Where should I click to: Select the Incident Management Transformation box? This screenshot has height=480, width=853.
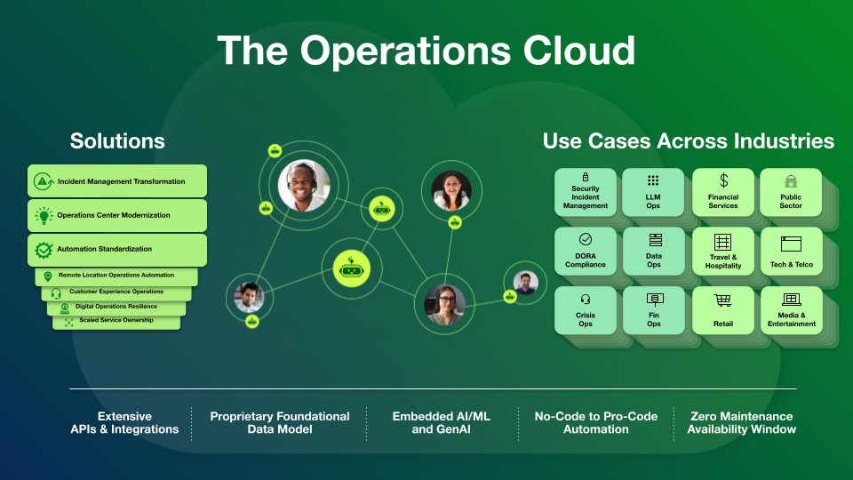point(117,181)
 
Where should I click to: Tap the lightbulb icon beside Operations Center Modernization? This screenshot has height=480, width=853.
point(44,215)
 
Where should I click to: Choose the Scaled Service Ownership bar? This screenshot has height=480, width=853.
point(116,321)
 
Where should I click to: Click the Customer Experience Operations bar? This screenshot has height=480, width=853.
point(116,292)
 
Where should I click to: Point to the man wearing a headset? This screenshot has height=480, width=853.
point(304,185)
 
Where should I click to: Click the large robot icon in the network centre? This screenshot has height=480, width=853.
point(351,268)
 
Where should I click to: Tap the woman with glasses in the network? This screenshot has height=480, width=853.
point(445,305)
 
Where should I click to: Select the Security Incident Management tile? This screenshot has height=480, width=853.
point(586,192)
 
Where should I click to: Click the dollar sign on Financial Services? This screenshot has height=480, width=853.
point(723,180)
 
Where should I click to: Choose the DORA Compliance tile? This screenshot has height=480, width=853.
point(586,252)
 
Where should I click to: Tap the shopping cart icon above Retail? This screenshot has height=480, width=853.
point(723,300)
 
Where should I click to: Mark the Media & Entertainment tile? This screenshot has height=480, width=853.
point(791,310)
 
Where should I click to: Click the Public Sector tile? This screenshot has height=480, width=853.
point(791,192)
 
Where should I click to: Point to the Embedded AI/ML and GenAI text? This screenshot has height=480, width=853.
point(442,422)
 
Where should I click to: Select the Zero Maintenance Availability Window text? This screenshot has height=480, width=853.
point(742,422)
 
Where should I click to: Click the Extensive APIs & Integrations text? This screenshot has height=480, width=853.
point(124,422)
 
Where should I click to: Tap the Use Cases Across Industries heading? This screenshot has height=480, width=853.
point(689,141)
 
